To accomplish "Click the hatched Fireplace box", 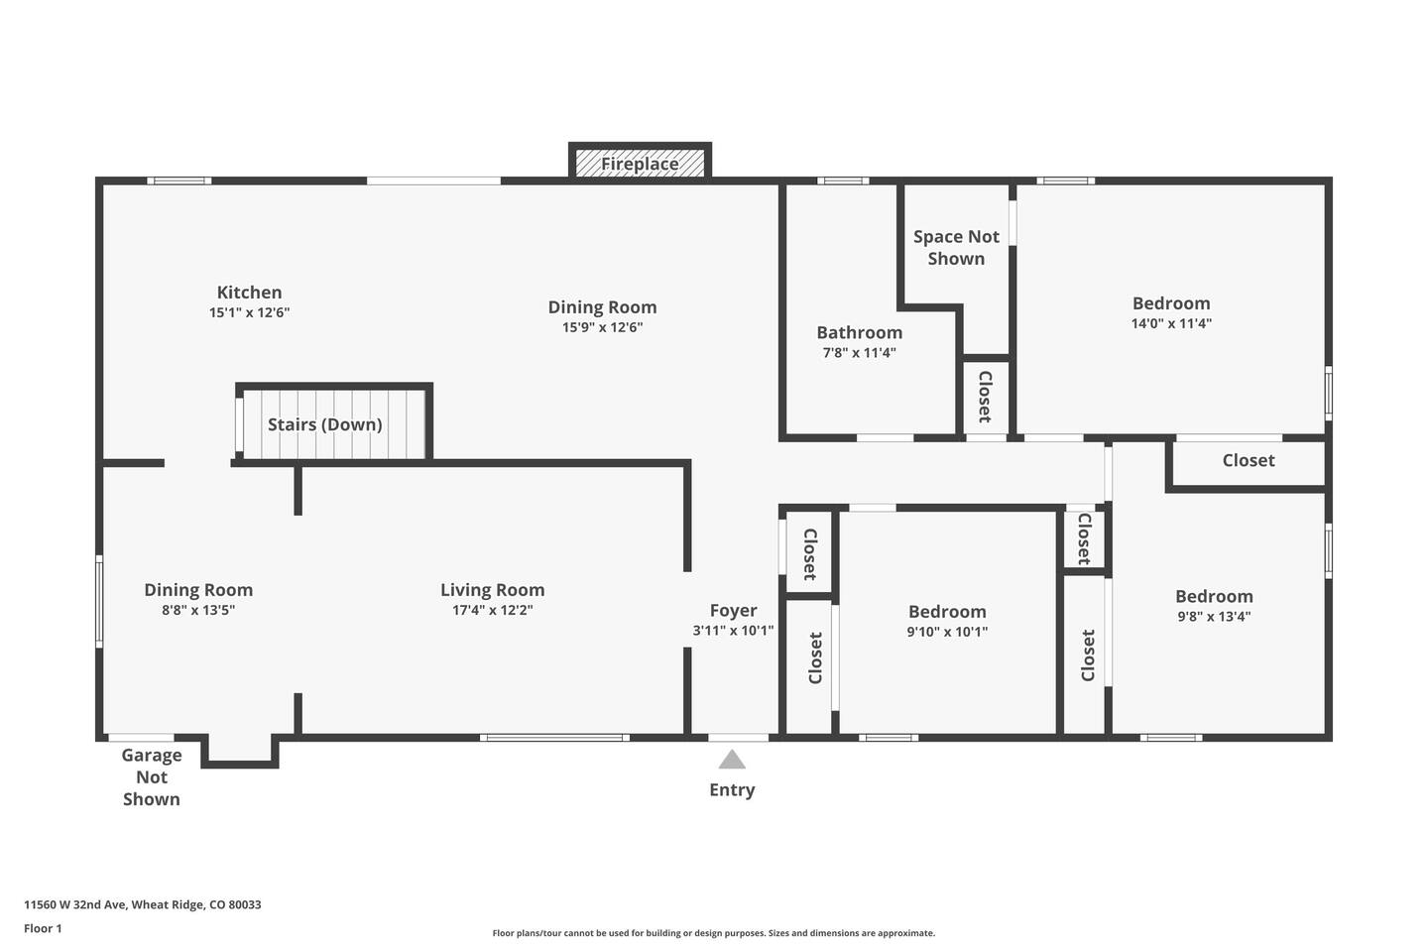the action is pos(640,163).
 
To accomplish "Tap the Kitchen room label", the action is pos(249,292).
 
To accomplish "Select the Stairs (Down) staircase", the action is pos(333,424).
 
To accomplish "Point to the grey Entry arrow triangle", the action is pos(732,759).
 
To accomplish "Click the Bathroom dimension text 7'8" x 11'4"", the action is pos(860,353).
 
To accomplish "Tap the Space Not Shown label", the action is pos(956,247).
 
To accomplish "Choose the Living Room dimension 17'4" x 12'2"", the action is pos(492,610).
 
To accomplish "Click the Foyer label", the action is pos(733,610).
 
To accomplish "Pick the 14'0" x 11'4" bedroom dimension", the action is pos(1171,323).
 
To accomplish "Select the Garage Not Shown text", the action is pos(152,776).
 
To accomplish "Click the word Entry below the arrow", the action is pos(732,790).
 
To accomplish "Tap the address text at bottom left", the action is pos(143,904).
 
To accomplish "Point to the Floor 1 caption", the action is pos(43,928).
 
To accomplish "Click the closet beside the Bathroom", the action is pos(985,398).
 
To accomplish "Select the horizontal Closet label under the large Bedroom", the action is pos(1249,460).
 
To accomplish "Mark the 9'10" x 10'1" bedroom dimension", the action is pos(947,632).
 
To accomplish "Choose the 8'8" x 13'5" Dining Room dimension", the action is pos(198,610).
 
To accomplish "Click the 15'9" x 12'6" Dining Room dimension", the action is pos(603,328).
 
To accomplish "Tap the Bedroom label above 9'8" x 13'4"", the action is pos(1214,596).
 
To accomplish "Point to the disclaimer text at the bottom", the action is pos(713,933).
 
